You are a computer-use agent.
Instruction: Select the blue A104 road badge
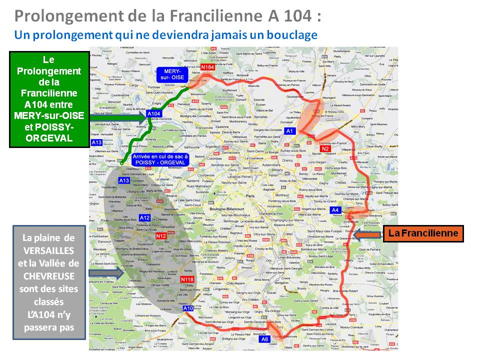[x=153, y=114]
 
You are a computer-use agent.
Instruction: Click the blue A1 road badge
[x=289, y=131]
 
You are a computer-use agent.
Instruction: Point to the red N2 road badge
[x=325, y=149]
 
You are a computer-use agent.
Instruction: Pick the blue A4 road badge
[x=335, y=210]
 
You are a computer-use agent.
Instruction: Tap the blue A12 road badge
[x=144, y=217]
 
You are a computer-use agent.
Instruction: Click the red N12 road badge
[x=161, y=236]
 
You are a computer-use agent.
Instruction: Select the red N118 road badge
[x=187, y=279]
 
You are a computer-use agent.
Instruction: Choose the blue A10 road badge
[x=188, y=308]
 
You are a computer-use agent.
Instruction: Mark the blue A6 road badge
[x=265, y=339]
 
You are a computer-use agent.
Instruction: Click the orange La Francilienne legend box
[x=423, y=233]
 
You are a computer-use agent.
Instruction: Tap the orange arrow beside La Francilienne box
[x=369, y=234]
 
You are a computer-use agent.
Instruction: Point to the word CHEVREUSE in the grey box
[x=48, y=275]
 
